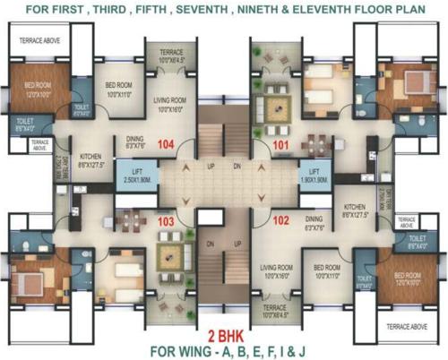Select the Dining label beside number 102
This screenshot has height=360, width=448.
[x=314, y=221]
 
